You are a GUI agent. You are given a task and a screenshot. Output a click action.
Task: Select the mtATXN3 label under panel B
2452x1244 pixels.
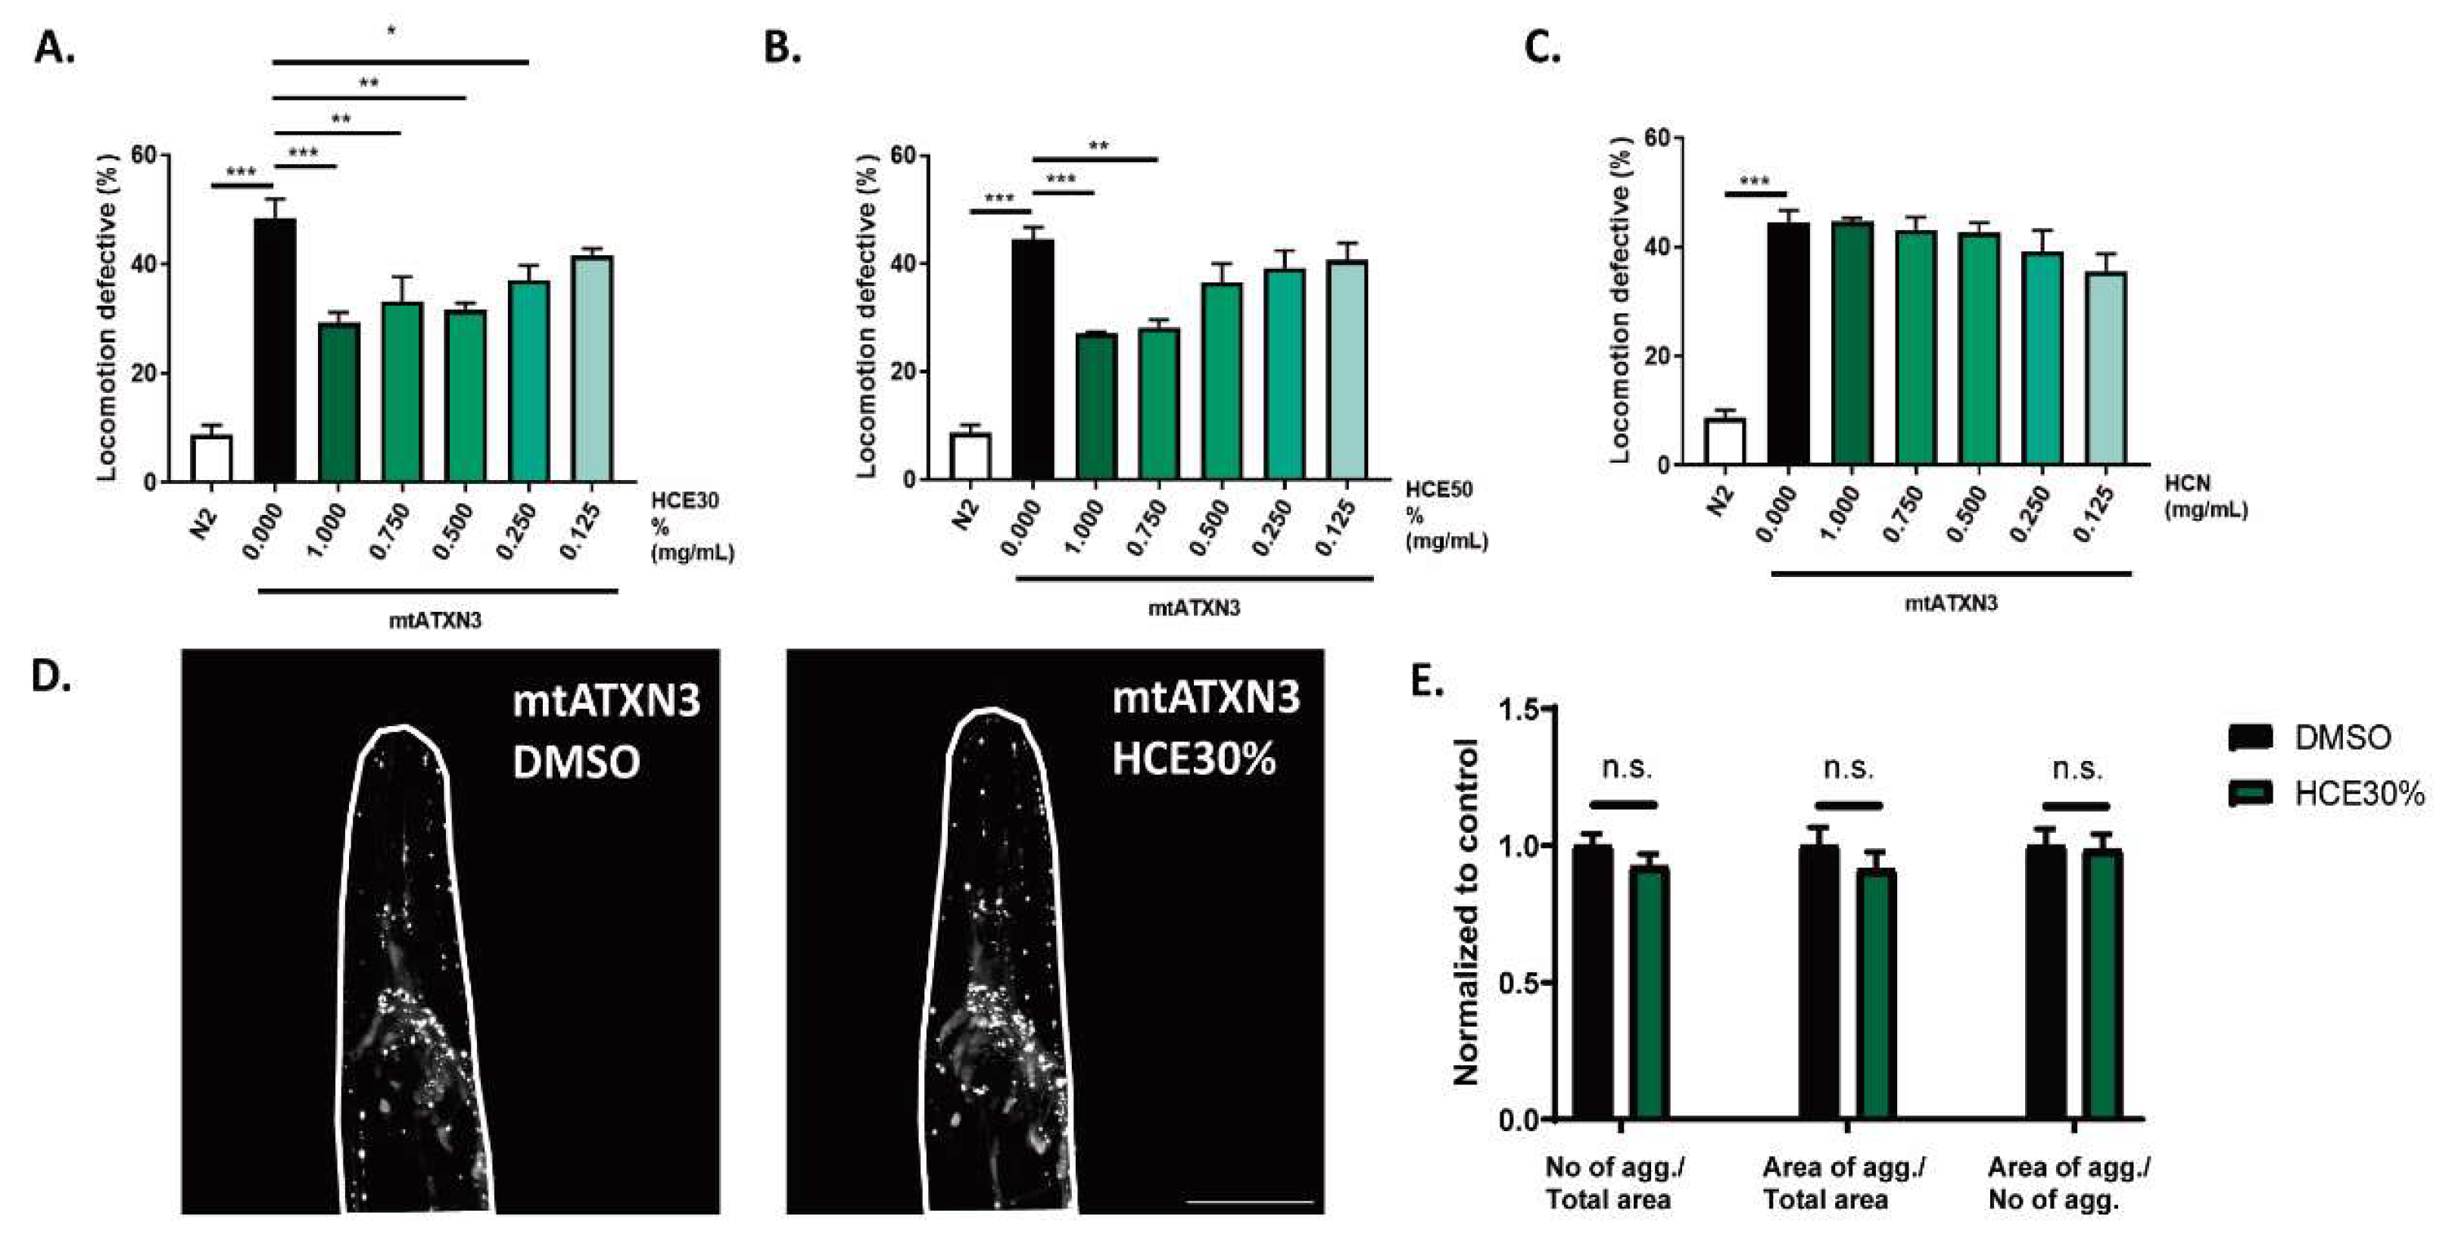pos(1194,607)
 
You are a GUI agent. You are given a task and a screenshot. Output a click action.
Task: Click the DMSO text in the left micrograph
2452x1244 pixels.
pos(576,762)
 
